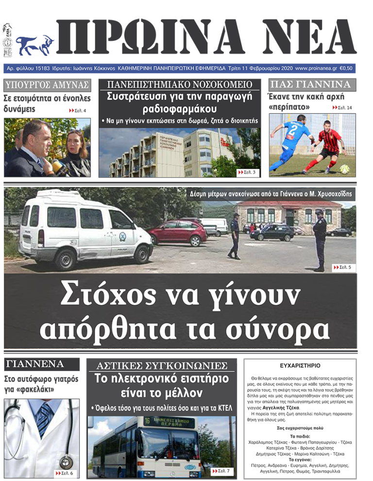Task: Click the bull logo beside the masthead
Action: (35, 44)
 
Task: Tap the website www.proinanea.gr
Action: (316, 68)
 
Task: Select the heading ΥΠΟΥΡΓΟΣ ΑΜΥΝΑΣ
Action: (47, 85)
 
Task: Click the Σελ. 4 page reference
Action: (79, 111)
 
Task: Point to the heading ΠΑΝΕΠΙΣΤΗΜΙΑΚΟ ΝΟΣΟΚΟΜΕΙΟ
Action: (180, 84)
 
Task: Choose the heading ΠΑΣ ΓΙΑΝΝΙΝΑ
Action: (310, 84)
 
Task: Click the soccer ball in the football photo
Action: (344, 169)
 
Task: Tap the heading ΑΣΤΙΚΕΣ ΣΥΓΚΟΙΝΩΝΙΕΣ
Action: (162, 365)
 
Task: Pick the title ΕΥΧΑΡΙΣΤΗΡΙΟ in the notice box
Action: (300, 365)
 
